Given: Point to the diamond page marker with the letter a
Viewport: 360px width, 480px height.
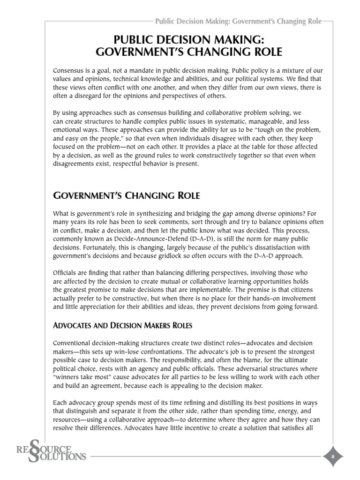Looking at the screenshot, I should pyautogui.click(x=332, y=455).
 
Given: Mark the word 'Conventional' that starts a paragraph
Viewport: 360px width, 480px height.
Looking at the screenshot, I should pyautogui.click(x=73, y=344).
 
